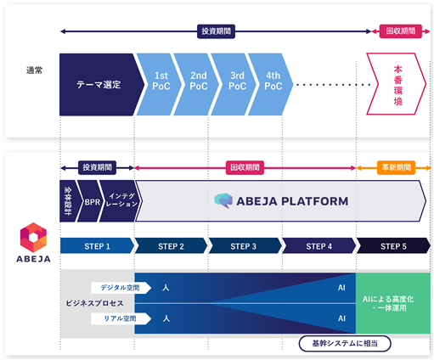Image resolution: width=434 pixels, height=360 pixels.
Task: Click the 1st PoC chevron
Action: click(x=160, y=84)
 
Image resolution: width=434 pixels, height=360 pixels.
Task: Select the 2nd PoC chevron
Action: click(x=196, y=84)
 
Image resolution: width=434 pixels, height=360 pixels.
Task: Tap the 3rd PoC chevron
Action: click(x=234, y=84)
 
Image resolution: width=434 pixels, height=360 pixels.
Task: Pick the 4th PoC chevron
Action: click(x=271, y=84)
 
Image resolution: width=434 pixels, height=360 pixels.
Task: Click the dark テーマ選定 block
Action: click(x=99, y=84)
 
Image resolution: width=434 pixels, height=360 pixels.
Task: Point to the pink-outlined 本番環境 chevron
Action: click(x=397, y=84)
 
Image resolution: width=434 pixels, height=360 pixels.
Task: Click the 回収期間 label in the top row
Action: click(x=400, y=31)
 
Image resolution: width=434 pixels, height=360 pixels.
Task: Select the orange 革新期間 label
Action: click(x=396, y=167)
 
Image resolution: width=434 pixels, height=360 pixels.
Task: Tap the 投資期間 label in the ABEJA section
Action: click(x=97, y=167)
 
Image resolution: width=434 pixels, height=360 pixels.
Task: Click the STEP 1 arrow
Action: click(x=97, y=245)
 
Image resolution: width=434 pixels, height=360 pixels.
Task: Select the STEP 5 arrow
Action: click(x=393, y=245)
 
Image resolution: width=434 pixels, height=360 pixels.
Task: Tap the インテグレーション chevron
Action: click(x=121, y=201)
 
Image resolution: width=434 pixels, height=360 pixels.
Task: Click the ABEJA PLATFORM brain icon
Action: click(x=223, y=200)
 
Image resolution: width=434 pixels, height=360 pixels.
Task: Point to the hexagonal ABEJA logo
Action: click(x=33, y=237)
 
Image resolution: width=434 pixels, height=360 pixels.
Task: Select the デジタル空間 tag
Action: click(x=121, y=288)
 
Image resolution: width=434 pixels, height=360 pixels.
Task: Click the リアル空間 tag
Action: click(x=121, y=318)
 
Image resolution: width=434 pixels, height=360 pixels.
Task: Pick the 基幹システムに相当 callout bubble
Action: click(x=345, y=344)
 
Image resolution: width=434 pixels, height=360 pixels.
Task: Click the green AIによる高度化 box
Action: click(x=393, y=303)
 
